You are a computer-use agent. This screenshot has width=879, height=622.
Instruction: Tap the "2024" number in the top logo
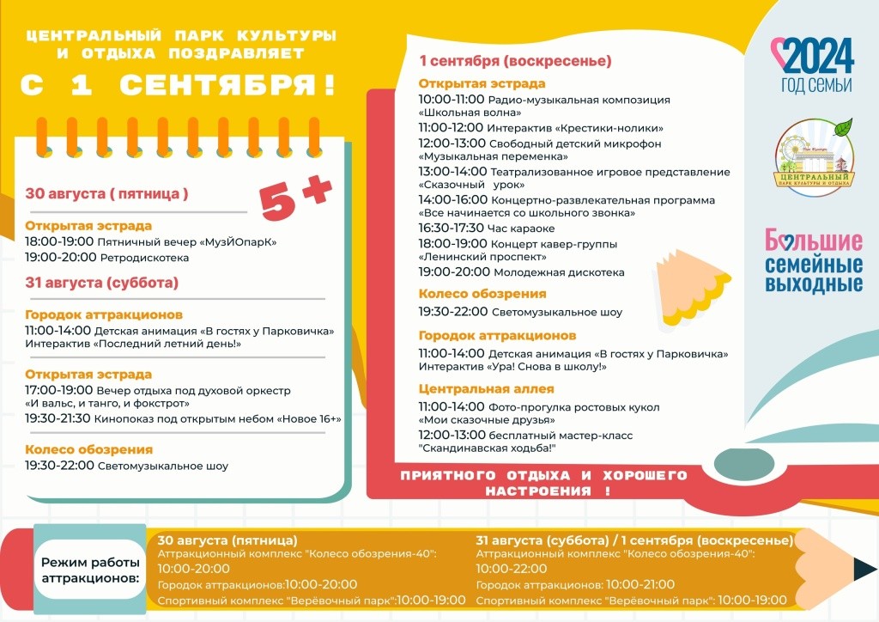[x=818, y=57]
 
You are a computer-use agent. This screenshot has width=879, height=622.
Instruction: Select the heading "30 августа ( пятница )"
[x=106, y=193]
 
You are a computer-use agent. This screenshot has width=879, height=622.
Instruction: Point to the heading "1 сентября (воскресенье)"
[x=515, y=61]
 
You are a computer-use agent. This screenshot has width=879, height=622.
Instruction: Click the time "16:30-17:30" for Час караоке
[x=452, y=229]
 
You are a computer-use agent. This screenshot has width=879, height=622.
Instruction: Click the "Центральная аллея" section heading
[x=486, y=389]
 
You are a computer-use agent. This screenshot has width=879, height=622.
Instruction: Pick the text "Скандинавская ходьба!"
[x=488, y=448]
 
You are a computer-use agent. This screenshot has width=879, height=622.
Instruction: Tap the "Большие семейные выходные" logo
[x=813, y=260]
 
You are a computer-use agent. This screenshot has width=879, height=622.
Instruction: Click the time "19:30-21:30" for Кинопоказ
[x=58, y=418]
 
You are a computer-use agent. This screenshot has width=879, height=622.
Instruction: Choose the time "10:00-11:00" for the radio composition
[x=452, y=100]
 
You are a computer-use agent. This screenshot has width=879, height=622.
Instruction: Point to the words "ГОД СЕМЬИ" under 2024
[x=816, y=85]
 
